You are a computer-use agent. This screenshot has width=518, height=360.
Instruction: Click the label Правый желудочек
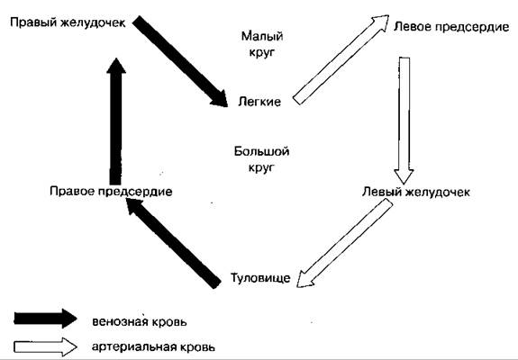coord(68,23)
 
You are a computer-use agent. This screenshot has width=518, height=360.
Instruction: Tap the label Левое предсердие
coord(451,27)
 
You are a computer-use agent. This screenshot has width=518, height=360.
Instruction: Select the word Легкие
coord(259,102)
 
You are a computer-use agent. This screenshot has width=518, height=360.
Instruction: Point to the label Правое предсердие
coord(111,192)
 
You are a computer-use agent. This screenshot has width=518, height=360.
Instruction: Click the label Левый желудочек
coord(416,192)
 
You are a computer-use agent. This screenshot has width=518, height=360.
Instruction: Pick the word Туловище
coord(260,278)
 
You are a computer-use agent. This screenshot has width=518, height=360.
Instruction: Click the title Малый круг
coord(262,44)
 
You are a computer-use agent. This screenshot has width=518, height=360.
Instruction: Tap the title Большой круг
coord(261,159)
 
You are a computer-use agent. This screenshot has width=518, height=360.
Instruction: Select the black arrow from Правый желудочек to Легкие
coord(180,61)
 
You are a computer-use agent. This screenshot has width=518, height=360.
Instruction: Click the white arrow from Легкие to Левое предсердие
coord(341,59)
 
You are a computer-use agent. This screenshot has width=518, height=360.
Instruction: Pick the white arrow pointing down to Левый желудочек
coord(404,121)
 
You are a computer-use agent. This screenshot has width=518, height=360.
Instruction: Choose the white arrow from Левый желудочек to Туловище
coord(344,244)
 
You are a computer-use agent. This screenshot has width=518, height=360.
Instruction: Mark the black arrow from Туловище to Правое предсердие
coord(174,243)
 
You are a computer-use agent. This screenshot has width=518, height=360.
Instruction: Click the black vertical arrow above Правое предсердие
coord(116,121)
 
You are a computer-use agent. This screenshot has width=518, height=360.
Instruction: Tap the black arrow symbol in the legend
coord(46,319)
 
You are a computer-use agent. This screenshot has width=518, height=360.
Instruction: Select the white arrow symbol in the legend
coord(46,346)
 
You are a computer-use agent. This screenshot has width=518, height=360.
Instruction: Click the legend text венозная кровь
coord(140,321)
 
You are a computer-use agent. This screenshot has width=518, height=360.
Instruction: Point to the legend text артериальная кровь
coord(154,347)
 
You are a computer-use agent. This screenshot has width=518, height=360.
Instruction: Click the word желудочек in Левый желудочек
coord(438,192)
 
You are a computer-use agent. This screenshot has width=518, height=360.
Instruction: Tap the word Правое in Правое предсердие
coord(70,192)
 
